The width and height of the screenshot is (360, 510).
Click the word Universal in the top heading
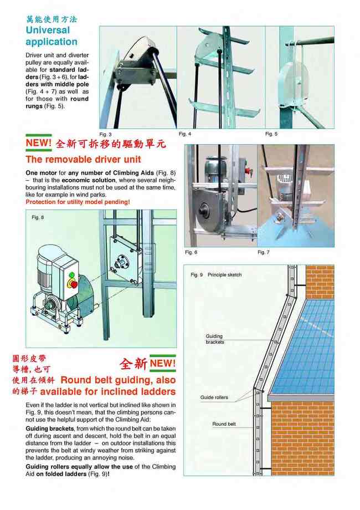[x=48, y=30]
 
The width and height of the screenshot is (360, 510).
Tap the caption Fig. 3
[x=106, y=134]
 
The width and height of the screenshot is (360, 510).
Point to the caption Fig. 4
[x=185, y=134]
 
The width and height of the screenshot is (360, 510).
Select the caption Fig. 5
[x=271, y=134]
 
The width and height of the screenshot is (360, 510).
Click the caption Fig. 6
[x=191, y=252]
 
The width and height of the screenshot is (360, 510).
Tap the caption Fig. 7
[x=264, y=252]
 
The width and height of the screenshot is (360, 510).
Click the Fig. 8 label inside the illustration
[x=38, y=217]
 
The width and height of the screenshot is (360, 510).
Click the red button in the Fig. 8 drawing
[x=71, y=283]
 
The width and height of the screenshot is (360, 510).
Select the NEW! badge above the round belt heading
[x=162, y=364]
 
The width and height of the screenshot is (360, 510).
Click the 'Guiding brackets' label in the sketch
[x=214, y=339]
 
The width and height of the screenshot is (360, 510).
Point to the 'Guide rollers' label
[x=214, y=398]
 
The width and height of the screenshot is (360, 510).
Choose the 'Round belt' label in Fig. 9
[x=224, y=424]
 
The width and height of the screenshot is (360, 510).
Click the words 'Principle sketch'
[x=225, y=275]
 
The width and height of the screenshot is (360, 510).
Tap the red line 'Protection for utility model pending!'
[x=78, y=202]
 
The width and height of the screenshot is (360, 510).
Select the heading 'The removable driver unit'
[x=80, y=160]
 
